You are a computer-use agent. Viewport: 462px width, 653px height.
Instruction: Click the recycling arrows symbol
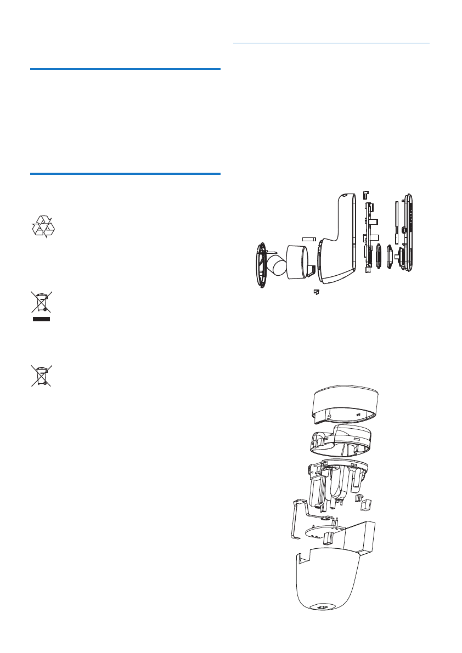(x=42, y=226)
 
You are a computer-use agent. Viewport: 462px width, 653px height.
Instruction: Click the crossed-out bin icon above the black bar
(x=41, y=303)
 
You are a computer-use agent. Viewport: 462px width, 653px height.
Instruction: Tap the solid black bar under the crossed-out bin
(x=41, y=319)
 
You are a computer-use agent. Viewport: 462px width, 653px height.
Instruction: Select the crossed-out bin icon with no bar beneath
(x=41, y=376)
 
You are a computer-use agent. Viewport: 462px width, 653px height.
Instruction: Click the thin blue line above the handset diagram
(x=331, y=42)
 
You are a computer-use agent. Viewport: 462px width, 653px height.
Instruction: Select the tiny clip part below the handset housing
(x=316, y=292)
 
